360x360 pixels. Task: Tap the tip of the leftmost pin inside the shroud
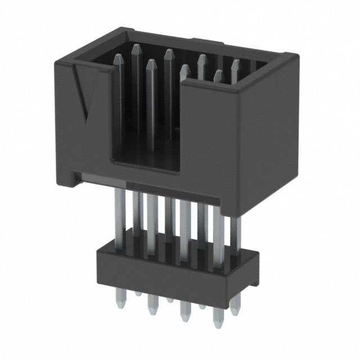[x=118, y=58]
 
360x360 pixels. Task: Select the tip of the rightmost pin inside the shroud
[x=235, y=64]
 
